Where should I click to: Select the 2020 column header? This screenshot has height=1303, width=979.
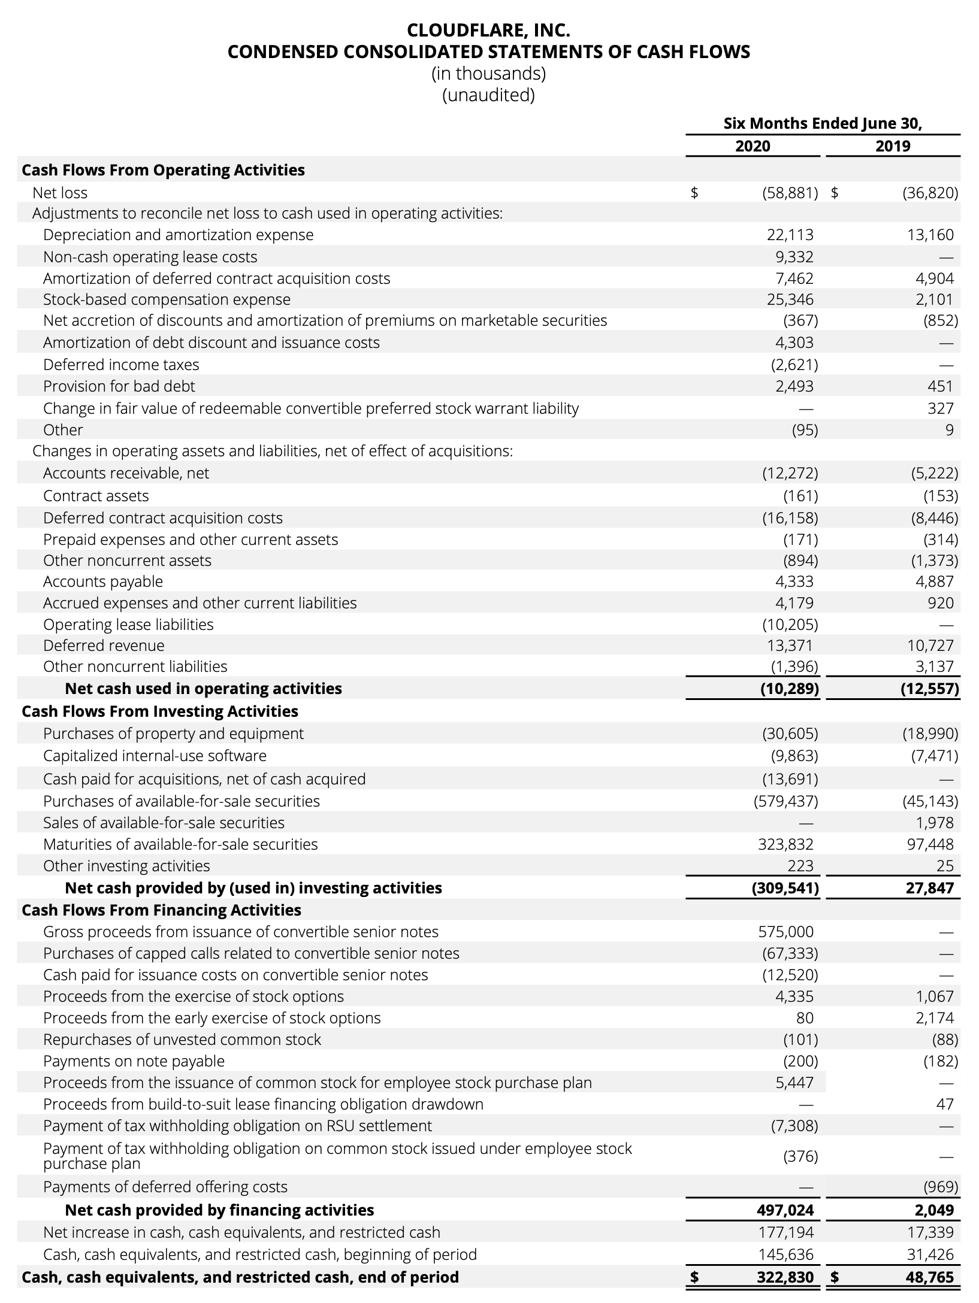[x=753, y=146]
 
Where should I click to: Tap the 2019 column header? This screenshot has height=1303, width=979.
[x=893, y=146]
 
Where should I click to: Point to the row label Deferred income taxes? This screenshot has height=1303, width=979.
[x=121, y=365]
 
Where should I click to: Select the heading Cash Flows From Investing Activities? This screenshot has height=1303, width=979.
[x=160, y=711]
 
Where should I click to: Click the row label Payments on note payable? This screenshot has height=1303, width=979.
[x=134, y=1061]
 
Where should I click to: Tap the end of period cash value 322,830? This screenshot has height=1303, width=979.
[x=784, y=1277]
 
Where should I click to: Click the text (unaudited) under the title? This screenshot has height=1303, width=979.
[x=488, y=95]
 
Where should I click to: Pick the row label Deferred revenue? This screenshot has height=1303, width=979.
[x=104, y=646]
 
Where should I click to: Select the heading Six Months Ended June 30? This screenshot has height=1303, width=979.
[x=823, y=123]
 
